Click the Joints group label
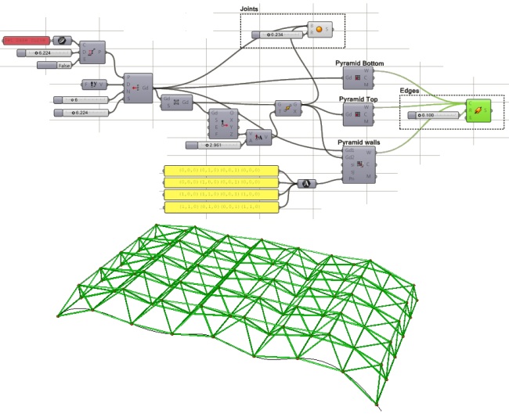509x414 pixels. (x=251, y=9)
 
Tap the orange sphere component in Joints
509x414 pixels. (x=319, y=30)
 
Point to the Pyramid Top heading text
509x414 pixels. (x=359, y=100)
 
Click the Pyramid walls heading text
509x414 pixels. (x=361, y=142)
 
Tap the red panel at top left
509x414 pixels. (x=27, y=39)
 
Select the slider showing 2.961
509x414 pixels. (x=216, y=145)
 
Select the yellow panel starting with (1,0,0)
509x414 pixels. (x=222, y=194)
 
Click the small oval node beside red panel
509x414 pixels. (x=62, y=39)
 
